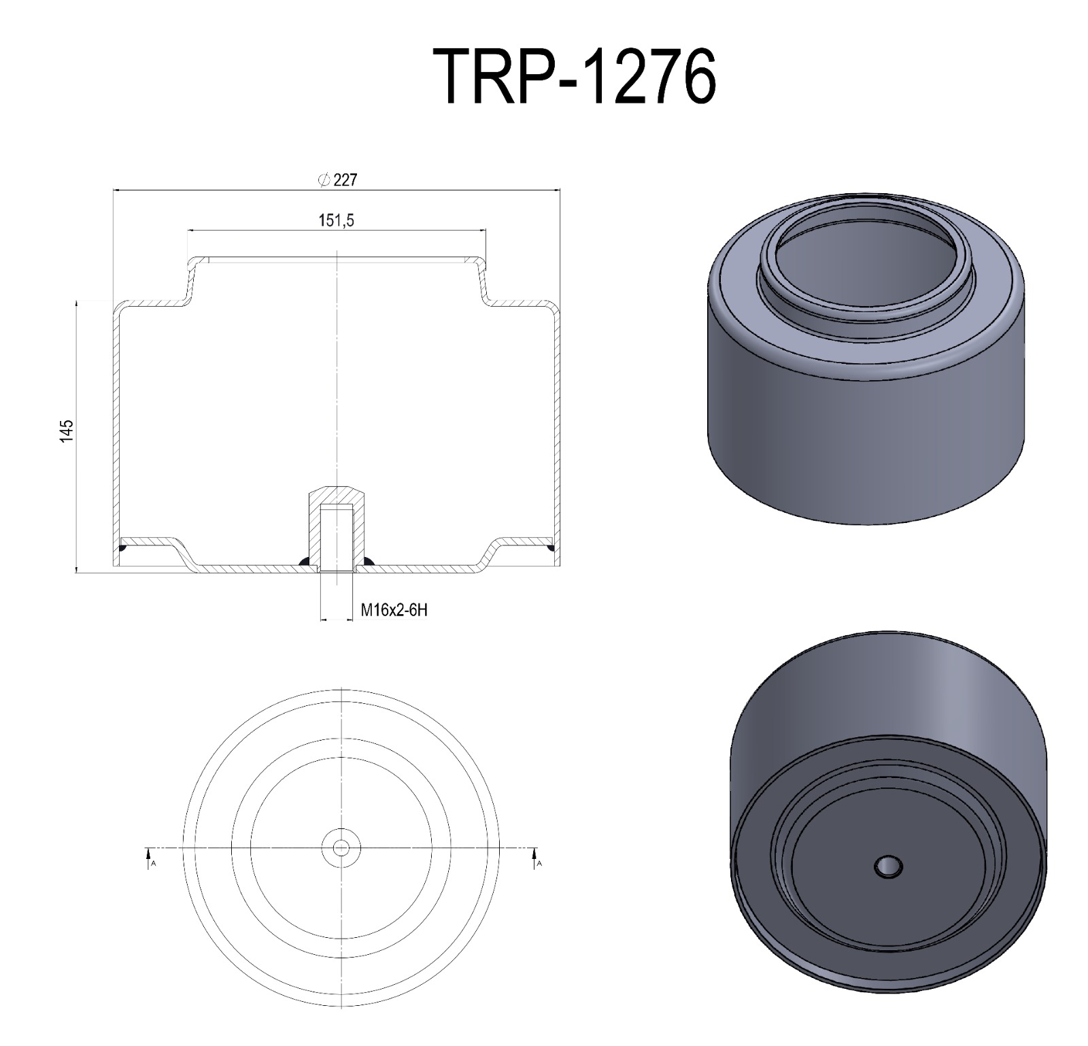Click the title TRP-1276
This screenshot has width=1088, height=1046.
click(575, 77)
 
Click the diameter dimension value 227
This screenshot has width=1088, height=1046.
click(345, 180)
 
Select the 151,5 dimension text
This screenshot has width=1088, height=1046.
click(337, 220)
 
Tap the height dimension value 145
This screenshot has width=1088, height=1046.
click(66, 432)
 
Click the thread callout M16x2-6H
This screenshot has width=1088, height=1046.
click(394, 610)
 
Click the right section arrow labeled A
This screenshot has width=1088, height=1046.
click(534, 858)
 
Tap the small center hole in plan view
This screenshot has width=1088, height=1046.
click(341, 847)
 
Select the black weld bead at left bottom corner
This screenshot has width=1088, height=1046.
click(123, 547)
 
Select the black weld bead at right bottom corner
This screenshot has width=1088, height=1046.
click(550, 546)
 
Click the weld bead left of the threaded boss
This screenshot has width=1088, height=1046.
click(305, 561)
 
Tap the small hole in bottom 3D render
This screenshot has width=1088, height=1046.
click(888, 867)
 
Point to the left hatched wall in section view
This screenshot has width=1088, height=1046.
click(116, 428)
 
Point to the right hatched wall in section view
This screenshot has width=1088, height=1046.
click(557, 428)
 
